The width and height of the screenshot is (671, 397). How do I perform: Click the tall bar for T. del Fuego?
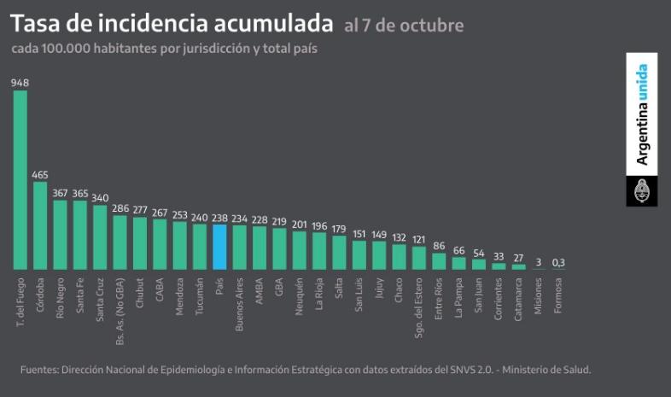pos(20,179)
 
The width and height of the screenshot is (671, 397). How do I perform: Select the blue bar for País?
pos(219,247)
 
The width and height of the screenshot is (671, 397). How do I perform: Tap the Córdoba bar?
pos(40,225)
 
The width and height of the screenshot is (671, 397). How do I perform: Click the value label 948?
pos(20,83)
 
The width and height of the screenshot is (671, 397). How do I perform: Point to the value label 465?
pos(40,174)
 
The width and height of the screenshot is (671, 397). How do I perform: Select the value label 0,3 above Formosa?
pos(558,262)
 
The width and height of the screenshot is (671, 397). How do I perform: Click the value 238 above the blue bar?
pos(219,218)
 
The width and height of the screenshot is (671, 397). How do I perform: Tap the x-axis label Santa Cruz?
pos(100,295)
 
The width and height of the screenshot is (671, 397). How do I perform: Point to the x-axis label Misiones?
pos(539,295)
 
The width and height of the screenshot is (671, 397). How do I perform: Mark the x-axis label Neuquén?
pos(300,295)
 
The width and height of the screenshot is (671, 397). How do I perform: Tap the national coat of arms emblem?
pos(642,191)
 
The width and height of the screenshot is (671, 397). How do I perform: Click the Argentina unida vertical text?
pos(642,114)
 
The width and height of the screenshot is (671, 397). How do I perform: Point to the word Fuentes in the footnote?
pos(39,370)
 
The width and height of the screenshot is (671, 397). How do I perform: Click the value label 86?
pos(439,246)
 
